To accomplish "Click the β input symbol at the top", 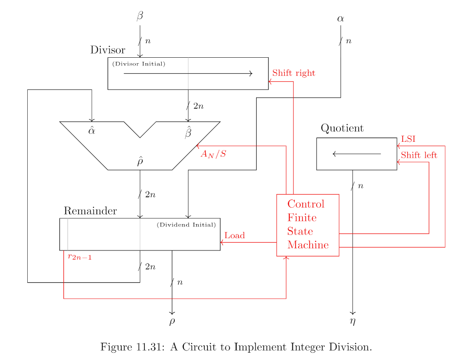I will coord(140,16).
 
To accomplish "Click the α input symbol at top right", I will coord(340,19).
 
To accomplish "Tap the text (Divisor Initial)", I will coord(139,64).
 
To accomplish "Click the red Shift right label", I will coord(293,73).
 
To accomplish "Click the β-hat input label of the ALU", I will coord(188,133).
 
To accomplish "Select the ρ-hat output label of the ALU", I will coord(140,161).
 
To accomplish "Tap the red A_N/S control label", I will coord(213,154).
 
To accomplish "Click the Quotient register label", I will coord(342,128).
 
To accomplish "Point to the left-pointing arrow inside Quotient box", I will coord(356,154).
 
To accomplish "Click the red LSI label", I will coord(408,139).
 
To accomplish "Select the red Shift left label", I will coord(419,155).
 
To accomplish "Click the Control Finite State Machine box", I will coord(308,225).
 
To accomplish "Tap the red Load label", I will coord(234,235).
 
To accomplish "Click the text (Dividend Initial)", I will coord(186,225).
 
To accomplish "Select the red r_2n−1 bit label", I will coord(80,257).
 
